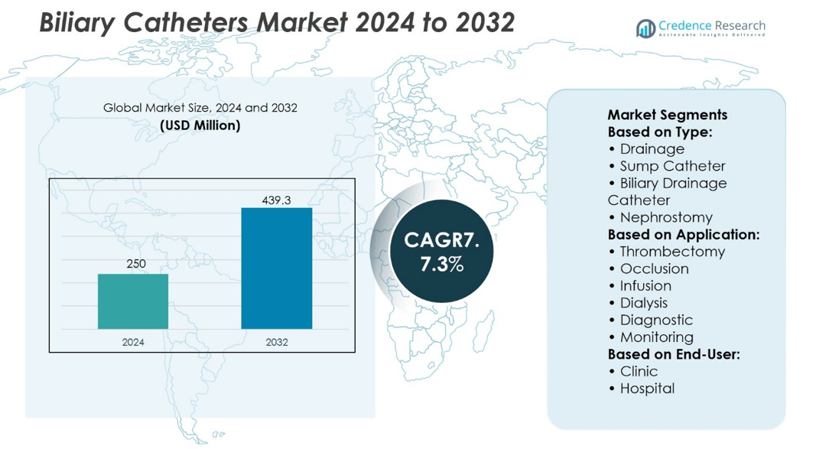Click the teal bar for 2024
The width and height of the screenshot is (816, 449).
(x=132, y=301)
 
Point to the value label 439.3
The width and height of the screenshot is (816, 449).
(x=276, y=200)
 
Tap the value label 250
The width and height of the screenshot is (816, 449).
(x=135, y=264)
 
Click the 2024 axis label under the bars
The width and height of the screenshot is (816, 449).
(x=133, y=342)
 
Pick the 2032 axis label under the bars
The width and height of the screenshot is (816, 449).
(x=276, y=342)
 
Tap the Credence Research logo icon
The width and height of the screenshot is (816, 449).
(x=646, y=29)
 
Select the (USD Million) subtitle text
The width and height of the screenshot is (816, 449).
(x=200, y=125)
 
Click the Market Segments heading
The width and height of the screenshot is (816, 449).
(x=667, y=115)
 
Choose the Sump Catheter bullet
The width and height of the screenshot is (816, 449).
(x=672, y=166)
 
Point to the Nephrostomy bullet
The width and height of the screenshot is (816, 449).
(x=665, y=217)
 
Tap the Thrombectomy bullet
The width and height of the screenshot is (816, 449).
(x=671, y=252)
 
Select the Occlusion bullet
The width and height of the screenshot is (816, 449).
(x=654, y=268)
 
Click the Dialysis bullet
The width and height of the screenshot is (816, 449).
(x=643, y=303)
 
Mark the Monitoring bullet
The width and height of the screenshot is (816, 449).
(x=656, y=337)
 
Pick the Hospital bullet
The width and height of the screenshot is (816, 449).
(x=647, y=389)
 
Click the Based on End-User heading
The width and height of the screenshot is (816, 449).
(x=673, y=354)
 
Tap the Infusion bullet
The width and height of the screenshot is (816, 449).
(x=645, y=286)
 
